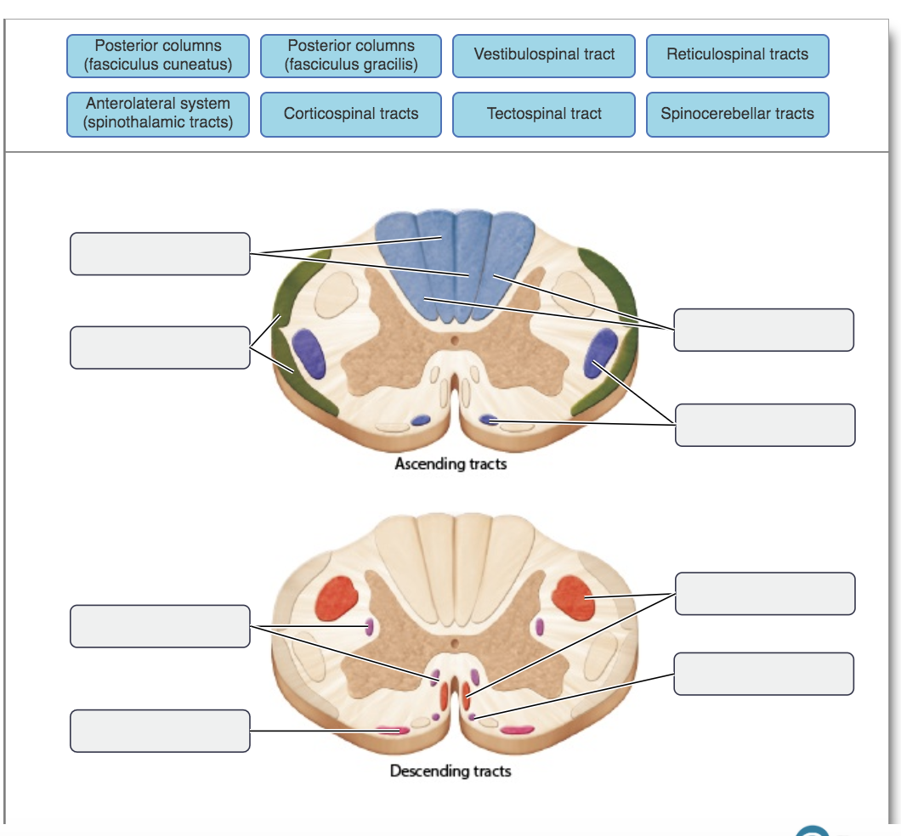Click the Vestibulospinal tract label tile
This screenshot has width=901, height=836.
[x=544, y=56]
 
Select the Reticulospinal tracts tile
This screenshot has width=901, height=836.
[x=737, y=56]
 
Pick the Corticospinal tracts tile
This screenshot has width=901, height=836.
[x=351, y=114]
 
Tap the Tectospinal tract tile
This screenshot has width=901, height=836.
[x=544, y=114]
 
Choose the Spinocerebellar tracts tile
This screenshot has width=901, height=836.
[x=737, y=114]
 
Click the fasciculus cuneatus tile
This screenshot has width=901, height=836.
[x=158, y=56]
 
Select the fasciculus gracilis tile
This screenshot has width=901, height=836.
[x=351, y=56]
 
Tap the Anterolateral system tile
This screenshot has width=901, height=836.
[x=158, y=114]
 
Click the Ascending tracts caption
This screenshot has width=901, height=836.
[x=450, y=464]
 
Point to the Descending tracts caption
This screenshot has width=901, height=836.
[x=450, y=771]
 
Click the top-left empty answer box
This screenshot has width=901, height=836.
[x=160, y=254]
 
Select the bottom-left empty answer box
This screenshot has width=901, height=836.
[x=160, y=731]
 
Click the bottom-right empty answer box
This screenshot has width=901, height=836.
[x=763, y=674]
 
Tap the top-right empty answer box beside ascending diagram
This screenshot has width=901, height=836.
[x=763, y=330]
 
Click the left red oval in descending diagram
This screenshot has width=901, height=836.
[x=337, y=599]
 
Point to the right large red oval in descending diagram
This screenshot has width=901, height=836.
[x=574, y=598]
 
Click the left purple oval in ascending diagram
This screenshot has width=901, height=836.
[x=309, y=353]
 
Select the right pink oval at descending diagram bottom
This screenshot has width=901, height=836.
[x=517, y=731]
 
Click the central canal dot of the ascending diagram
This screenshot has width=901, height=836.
[x=455, y=341]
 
